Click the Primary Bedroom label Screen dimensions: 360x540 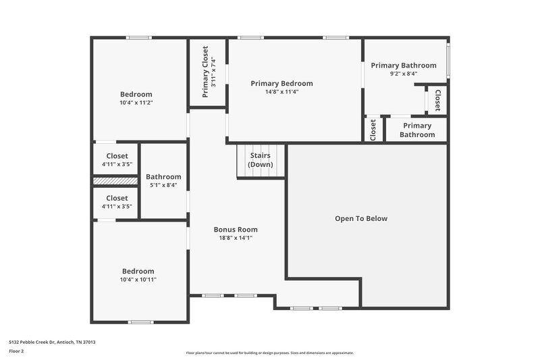281,83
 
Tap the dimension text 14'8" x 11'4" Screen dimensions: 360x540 281,92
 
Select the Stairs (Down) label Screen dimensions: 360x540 261,160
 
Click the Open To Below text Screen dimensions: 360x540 361,219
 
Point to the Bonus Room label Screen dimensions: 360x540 236,230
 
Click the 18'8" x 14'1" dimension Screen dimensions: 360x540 236,238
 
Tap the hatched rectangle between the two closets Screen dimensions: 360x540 115,181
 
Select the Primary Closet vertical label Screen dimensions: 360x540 205,72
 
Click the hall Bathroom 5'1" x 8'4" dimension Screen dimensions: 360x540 163,185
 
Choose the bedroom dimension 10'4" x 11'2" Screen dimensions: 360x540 136,103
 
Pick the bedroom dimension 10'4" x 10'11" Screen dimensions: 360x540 138,280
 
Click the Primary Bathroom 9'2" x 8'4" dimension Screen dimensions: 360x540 404,74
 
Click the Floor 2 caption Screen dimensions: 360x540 16,351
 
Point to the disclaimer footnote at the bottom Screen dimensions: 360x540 269,353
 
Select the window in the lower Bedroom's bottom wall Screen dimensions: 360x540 140,322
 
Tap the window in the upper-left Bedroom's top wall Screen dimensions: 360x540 139,38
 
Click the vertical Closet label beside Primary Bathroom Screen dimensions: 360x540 437,99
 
